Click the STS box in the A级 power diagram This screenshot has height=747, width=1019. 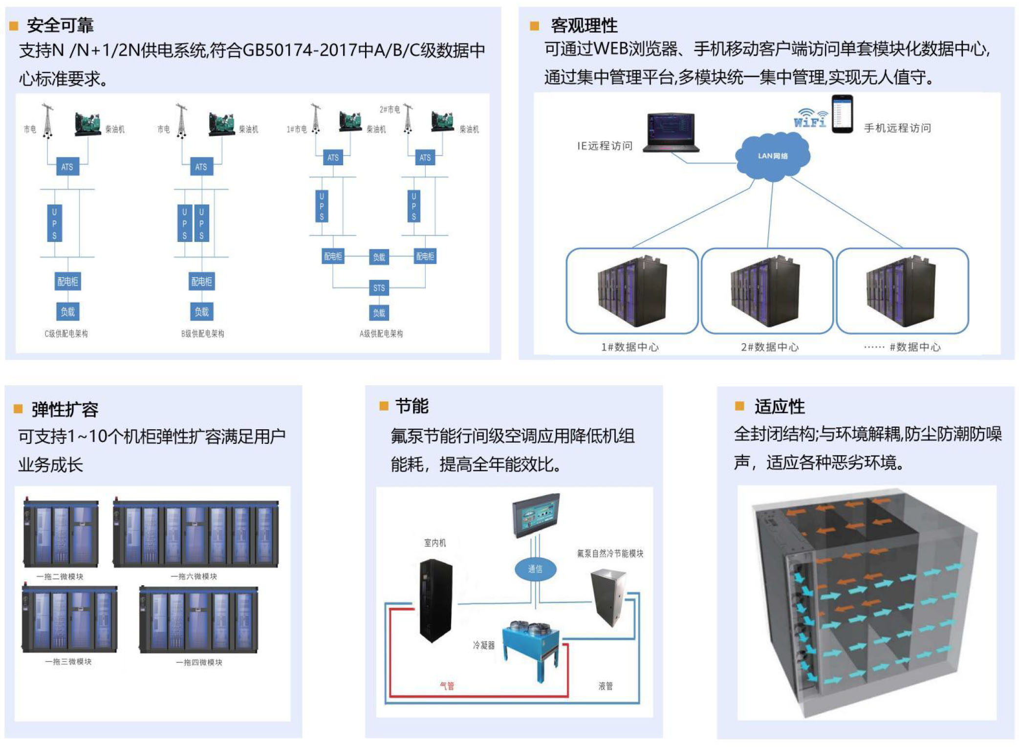click(379, 288)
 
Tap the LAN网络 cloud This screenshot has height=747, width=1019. click(772, 156)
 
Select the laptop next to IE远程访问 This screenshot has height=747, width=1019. click(671, 132)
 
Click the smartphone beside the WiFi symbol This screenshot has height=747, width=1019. click(842, 114)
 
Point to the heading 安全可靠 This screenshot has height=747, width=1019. click(60, 25)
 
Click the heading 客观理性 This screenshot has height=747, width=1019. click(584, 25)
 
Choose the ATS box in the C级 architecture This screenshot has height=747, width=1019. click(67, 167)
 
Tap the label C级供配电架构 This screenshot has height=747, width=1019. click(66, 334)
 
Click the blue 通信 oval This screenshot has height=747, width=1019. click(535, 569)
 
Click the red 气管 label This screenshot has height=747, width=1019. click(447, 686)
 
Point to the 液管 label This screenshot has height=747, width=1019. click(605, 686)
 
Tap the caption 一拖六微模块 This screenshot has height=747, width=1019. click(194, 576)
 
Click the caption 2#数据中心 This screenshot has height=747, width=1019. click(769, 347)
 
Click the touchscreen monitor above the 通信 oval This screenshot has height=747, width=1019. click(535, 515)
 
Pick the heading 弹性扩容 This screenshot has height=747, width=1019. click(65, 410)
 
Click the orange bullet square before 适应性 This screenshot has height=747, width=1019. click(739, 406)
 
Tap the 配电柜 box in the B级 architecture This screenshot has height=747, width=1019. click(201, 282)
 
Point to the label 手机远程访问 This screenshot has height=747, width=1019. click(897, 128)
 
